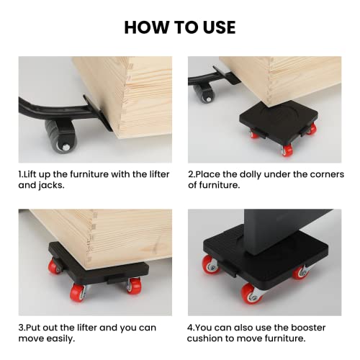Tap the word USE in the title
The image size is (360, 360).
point(215,27)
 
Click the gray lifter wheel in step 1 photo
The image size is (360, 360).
point(60,135)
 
